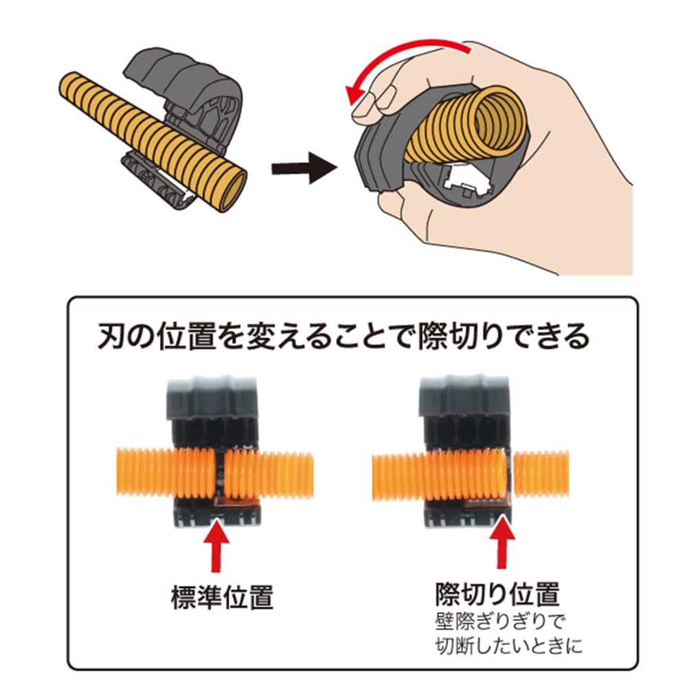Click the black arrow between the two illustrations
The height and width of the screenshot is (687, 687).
pos(304,168)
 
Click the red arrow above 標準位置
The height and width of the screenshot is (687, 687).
pos(216,548)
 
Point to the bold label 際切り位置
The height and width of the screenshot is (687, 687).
pos(497,594)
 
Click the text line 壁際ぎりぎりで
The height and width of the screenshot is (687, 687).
pos(500,621)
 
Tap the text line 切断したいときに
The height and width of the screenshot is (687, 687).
pos(508,646)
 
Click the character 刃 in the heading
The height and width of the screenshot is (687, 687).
pos(111,336)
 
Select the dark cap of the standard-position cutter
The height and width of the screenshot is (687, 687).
pos(212,397)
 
